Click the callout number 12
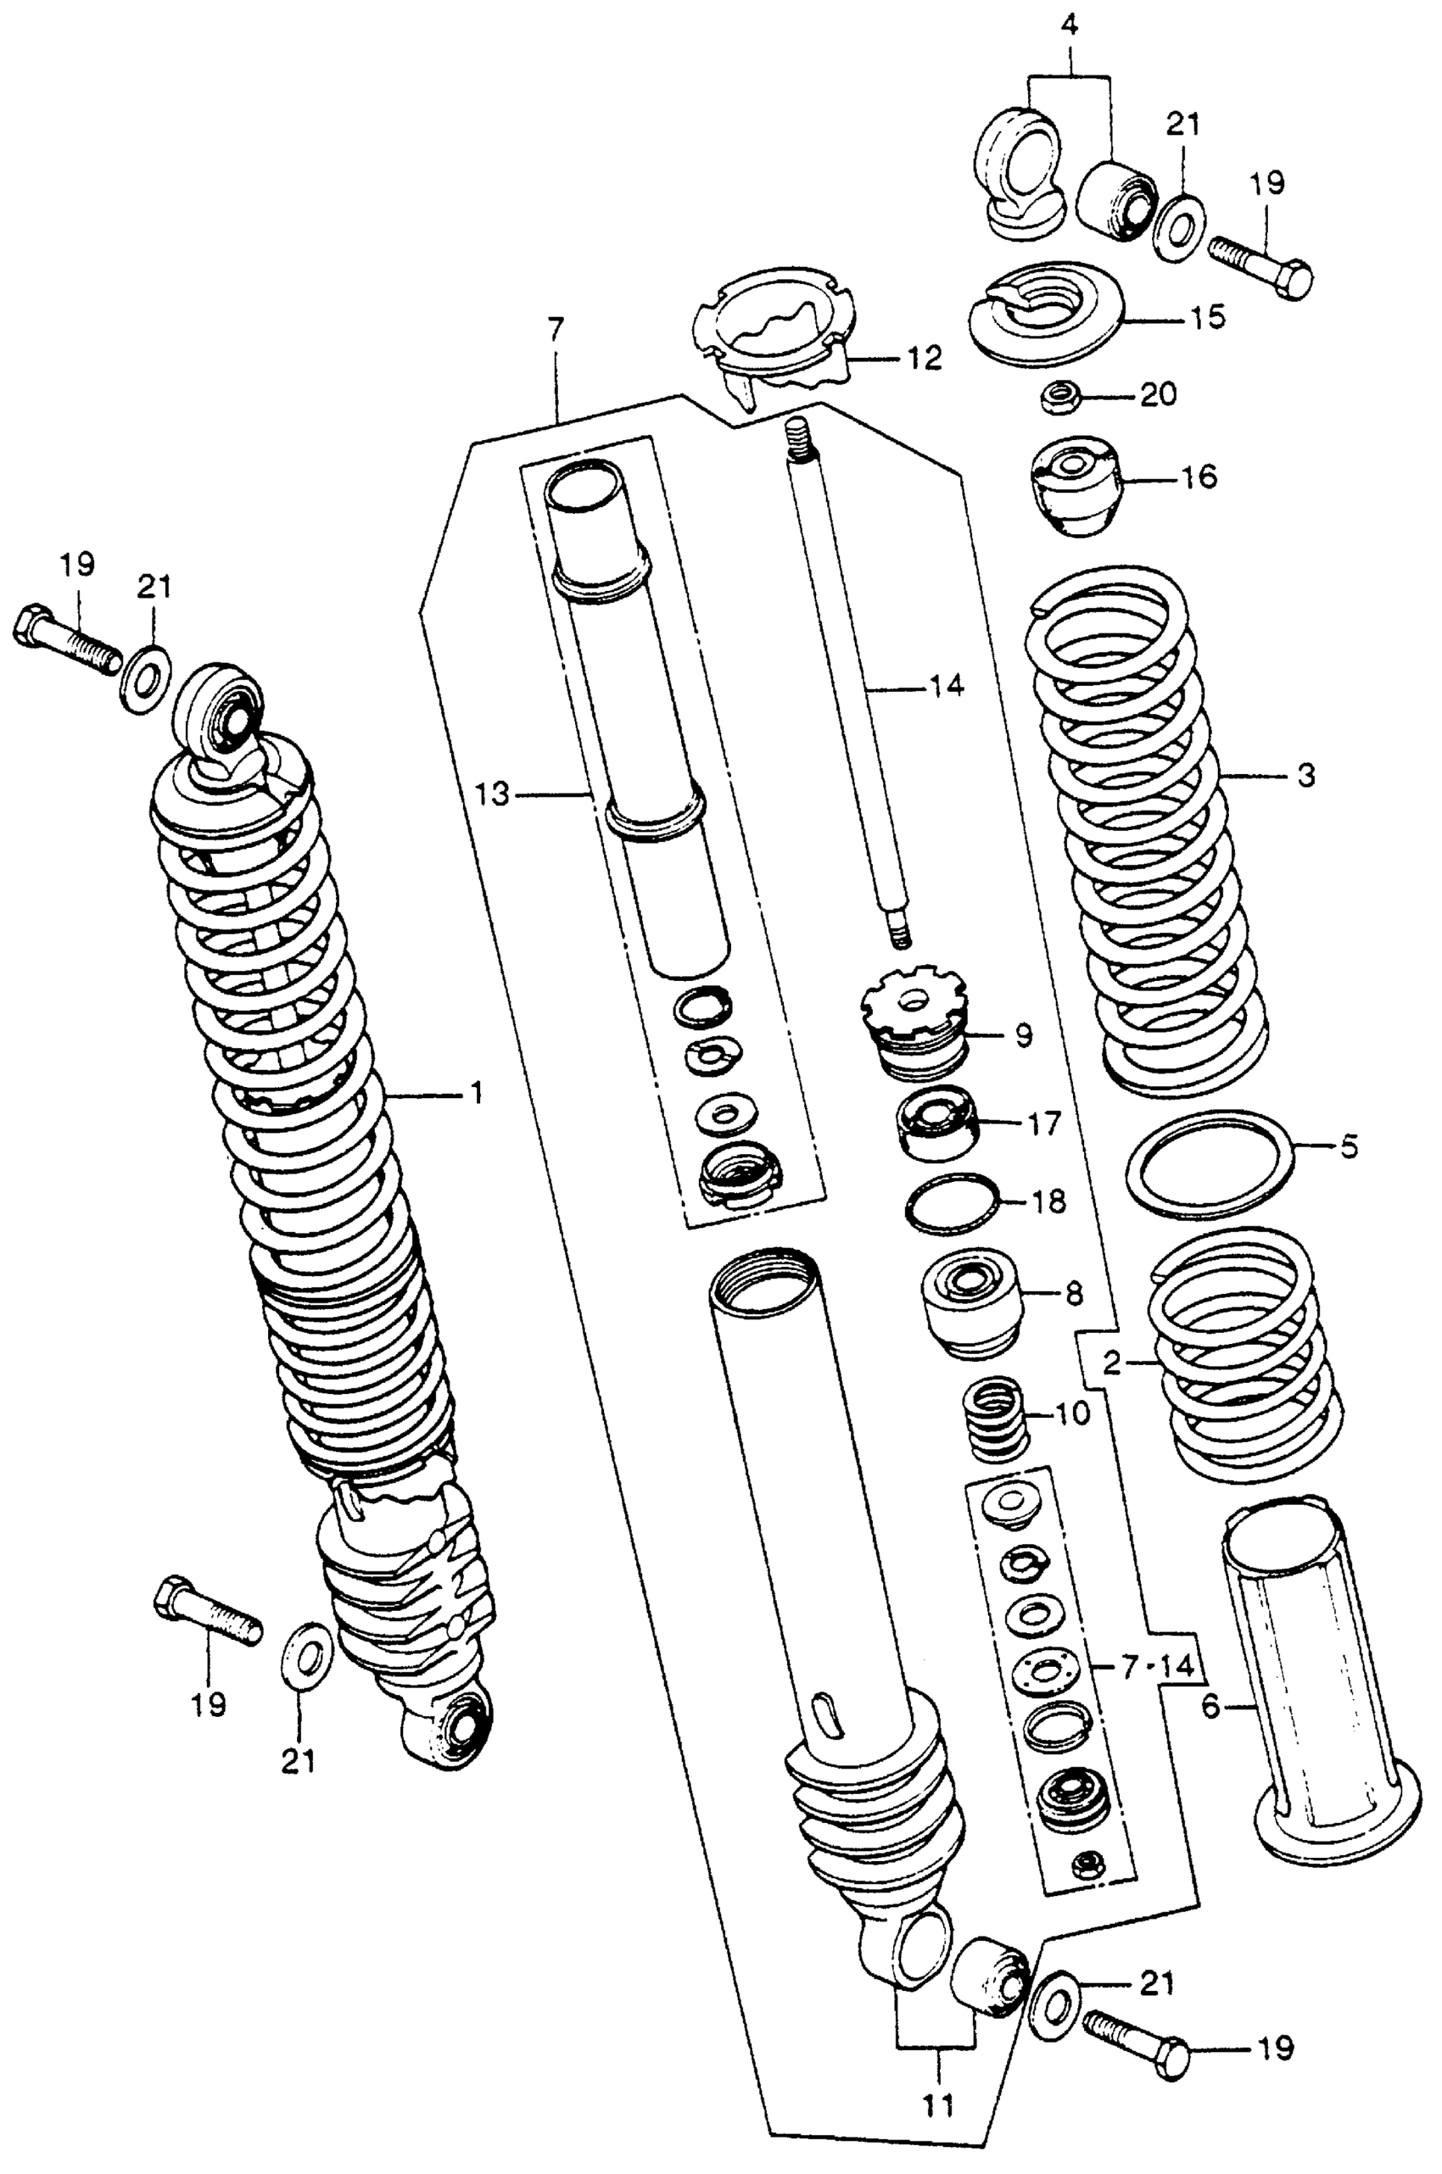(922, 359)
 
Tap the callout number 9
(1024, 1036)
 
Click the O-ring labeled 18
(952, 1203)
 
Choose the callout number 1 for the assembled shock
(477, 1094)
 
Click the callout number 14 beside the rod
(947, 687)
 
